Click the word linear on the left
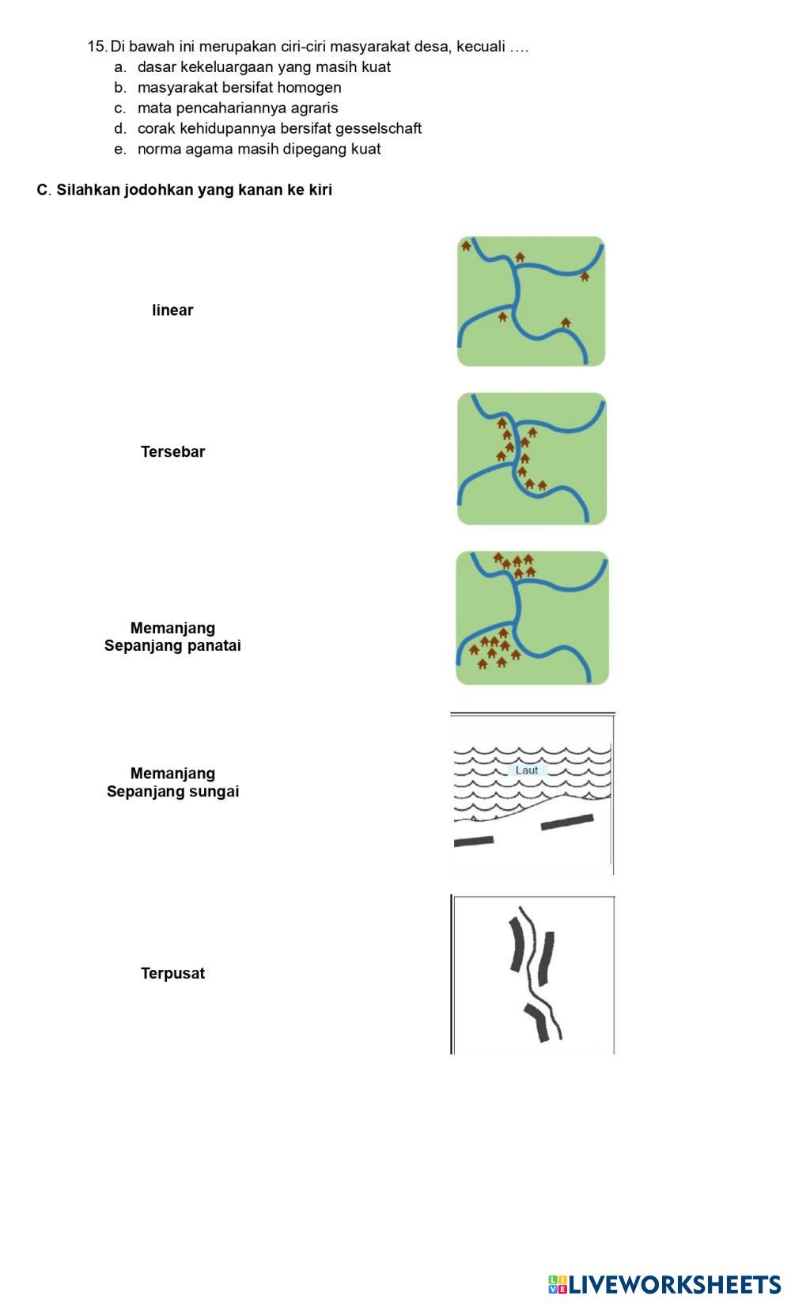172,310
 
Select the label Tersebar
172,452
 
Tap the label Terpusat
172,974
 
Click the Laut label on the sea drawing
526,770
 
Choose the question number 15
97,47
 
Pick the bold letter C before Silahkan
42,190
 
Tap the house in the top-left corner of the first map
467,246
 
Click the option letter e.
119,149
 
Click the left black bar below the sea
474,841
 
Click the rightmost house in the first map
585,276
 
